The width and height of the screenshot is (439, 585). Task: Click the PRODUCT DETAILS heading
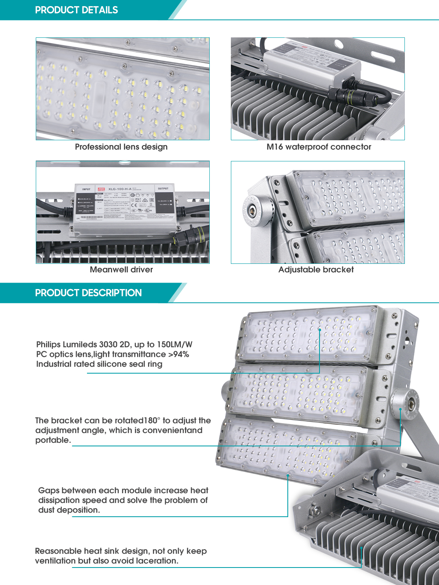click(x=76, y=10)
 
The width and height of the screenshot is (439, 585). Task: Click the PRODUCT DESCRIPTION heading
click(x=88, y=293)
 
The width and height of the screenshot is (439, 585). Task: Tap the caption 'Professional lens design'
click(x=121, y=147)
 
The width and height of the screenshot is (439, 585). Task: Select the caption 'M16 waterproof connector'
click(x=319, y=147)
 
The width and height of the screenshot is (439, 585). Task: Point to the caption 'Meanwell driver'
click(x=121, y=270)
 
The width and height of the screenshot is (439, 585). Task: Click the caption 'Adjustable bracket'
click(x=316, y=270)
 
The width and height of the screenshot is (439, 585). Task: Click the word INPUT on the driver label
click(x=86, y=189)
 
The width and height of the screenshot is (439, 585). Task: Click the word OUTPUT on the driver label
click(x=163, y=189)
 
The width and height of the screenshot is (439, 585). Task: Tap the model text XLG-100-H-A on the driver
click(x=120, y=189)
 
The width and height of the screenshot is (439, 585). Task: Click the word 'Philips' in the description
click(x=49, y=344)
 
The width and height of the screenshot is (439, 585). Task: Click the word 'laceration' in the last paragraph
click(x=156, y=561)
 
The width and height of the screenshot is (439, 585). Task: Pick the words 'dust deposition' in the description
click(x=68, y=510)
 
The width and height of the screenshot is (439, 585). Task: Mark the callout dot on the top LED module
click(x=320, y=329)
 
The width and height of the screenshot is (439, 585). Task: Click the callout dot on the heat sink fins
click(x=361, y=548)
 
